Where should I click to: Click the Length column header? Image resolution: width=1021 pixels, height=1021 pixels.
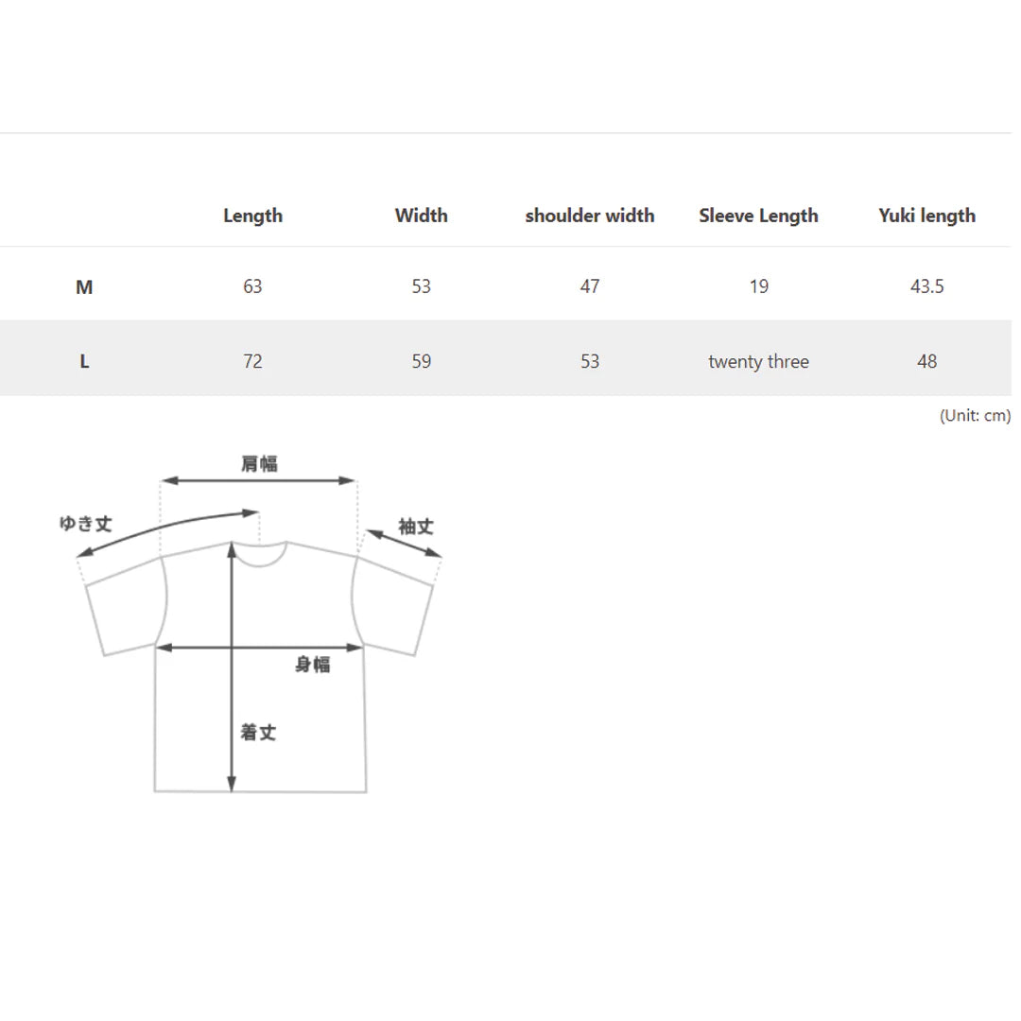point(252,216)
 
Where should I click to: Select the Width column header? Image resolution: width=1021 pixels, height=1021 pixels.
point(422,215)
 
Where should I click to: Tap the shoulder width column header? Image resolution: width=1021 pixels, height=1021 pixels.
point(590,215)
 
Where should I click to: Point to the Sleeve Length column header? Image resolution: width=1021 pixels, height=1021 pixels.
point(758,216)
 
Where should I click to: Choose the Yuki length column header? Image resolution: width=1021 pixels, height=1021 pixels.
point(927,216)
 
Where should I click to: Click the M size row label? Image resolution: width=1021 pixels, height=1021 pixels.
point(84,286)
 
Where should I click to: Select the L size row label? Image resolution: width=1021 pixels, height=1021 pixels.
point(84,361)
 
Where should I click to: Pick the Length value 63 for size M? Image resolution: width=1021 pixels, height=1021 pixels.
point(252,286)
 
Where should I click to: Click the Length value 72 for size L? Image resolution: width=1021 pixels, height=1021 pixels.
point(252,361)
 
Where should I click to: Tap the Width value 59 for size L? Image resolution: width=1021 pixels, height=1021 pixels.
point(422,361)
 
